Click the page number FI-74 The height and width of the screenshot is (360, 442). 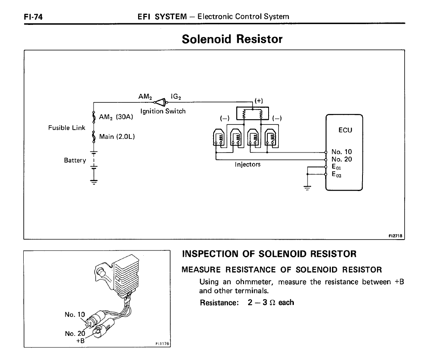point(33,17)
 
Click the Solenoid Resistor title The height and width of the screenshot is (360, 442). point(232,39)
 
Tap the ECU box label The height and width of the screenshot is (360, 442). point(345,130)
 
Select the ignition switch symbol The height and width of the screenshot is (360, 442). point(161,102)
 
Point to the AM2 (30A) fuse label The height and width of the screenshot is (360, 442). point(116,117)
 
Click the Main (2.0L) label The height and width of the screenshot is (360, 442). point(117,137)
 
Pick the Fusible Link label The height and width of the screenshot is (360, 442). point(67,128)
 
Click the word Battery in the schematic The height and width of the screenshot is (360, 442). point(75,160)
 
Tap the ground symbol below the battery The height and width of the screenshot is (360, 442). point(94,182)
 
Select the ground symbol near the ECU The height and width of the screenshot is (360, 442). point(307,188)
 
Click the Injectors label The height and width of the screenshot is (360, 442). point(248,165)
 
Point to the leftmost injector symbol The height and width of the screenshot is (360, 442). point(219,138)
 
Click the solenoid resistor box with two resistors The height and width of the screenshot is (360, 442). point(252,113)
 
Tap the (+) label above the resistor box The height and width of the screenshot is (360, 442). point(259,101)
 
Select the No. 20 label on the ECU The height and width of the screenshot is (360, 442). point(342,159)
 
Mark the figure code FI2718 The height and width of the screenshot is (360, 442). point(395,236)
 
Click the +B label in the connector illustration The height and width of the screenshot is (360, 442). point(80,341)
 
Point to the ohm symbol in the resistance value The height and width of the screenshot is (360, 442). point(272,303)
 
